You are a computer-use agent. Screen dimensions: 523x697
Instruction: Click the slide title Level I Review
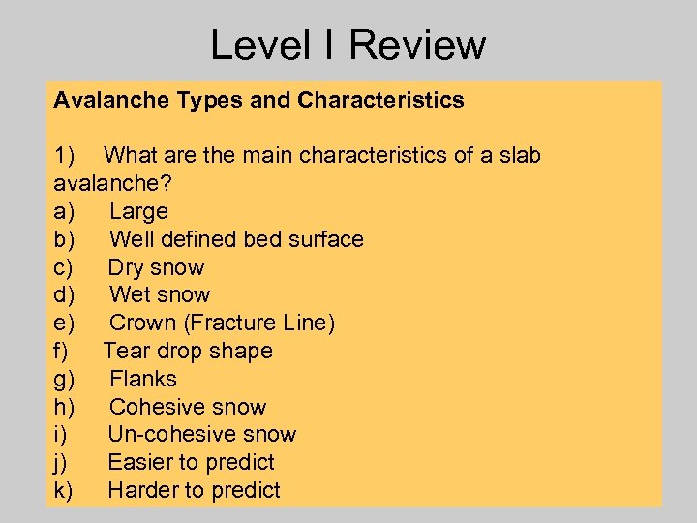coord(348,45)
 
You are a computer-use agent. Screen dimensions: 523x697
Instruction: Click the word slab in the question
coord(517,155)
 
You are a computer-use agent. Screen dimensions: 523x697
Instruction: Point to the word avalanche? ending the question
coord(104,183)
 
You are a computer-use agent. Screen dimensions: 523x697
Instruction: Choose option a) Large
coord(138,211)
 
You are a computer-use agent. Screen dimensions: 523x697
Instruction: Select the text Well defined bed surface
coord(236,239)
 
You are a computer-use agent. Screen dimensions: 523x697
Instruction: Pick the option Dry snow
coord(156,267)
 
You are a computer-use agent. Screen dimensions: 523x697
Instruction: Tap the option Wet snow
coord(160,294)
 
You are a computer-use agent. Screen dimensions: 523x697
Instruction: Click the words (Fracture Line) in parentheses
coord(258,323)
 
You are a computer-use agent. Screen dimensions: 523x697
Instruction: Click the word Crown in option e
coord(142,323)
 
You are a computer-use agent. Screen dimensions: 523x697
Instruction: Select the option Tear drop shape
coord(188,351)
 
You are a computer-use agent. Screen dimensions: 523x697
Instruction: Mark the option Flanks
coord(143,379)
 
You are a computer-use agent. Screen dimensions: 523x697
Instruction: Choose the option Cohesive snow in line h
coord(188,407)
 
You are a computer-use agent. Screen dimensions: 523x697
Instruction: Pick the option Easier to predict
coord(191,462)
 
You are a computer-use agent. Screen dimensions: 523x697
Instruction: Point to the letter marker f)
coord(62,351)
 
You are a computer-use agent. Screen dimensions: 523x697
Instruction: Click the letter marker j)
coord(61,462)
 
